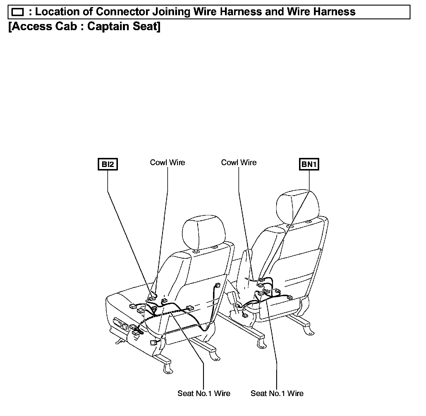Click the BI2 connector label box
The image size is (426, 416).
coord(108,164)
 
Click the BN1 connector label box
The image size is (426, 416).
coord(309,164)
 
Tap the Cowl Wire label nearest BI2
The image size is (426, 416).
coord(167,163)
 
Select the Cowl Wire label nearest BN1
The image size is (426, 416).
coord(239,163)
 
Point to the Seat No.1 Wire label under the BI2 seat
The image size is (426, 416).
coord(204,393)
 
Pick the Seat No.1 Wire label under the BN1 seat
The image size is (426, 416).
coord(277,393)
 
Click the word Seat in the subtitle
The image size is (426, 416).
coord(145,26)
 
